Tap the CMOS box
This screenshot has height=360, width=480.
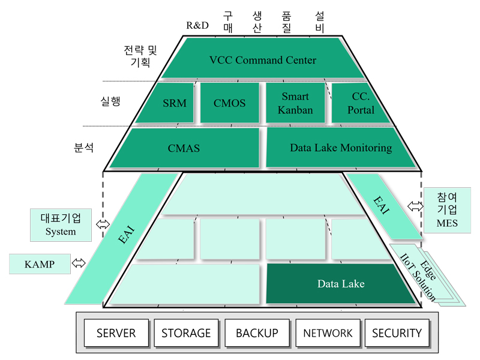[230, 103]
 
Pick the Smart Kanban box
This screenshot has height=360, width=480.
[295, 103]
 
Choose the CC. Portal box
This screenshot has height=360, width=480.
[358, 103]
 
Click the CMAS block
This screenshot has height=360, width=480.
[184, 148]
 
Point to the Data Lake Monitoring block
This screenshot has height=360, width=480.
[340, 148]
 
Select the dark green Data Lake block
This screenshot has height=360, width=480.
[340, 284]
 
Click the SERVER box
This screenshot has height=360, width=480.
[116, 333]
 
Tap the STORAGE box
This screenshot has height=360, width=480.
[186, 333]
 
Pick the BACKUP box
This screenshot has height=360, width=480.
[257, 333]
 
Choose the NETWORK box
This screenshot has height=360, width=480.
[328, 333]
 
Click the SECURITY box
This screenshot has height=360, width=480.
[397, 333]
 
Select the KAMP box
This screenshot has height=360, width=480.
[40, 264]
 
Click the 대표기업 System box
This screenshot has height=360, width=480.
[61, 225]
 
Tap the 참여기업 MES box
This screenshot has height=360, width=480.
[447, 211]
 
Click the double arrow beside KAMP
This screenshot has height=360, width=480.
[79, 263]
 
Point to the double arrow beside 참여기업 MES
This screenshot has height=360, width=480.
[415, 206]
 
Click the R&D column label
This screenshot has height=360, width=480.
[197, 25]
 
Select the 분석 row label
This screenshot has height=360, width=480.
[83, 148]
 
